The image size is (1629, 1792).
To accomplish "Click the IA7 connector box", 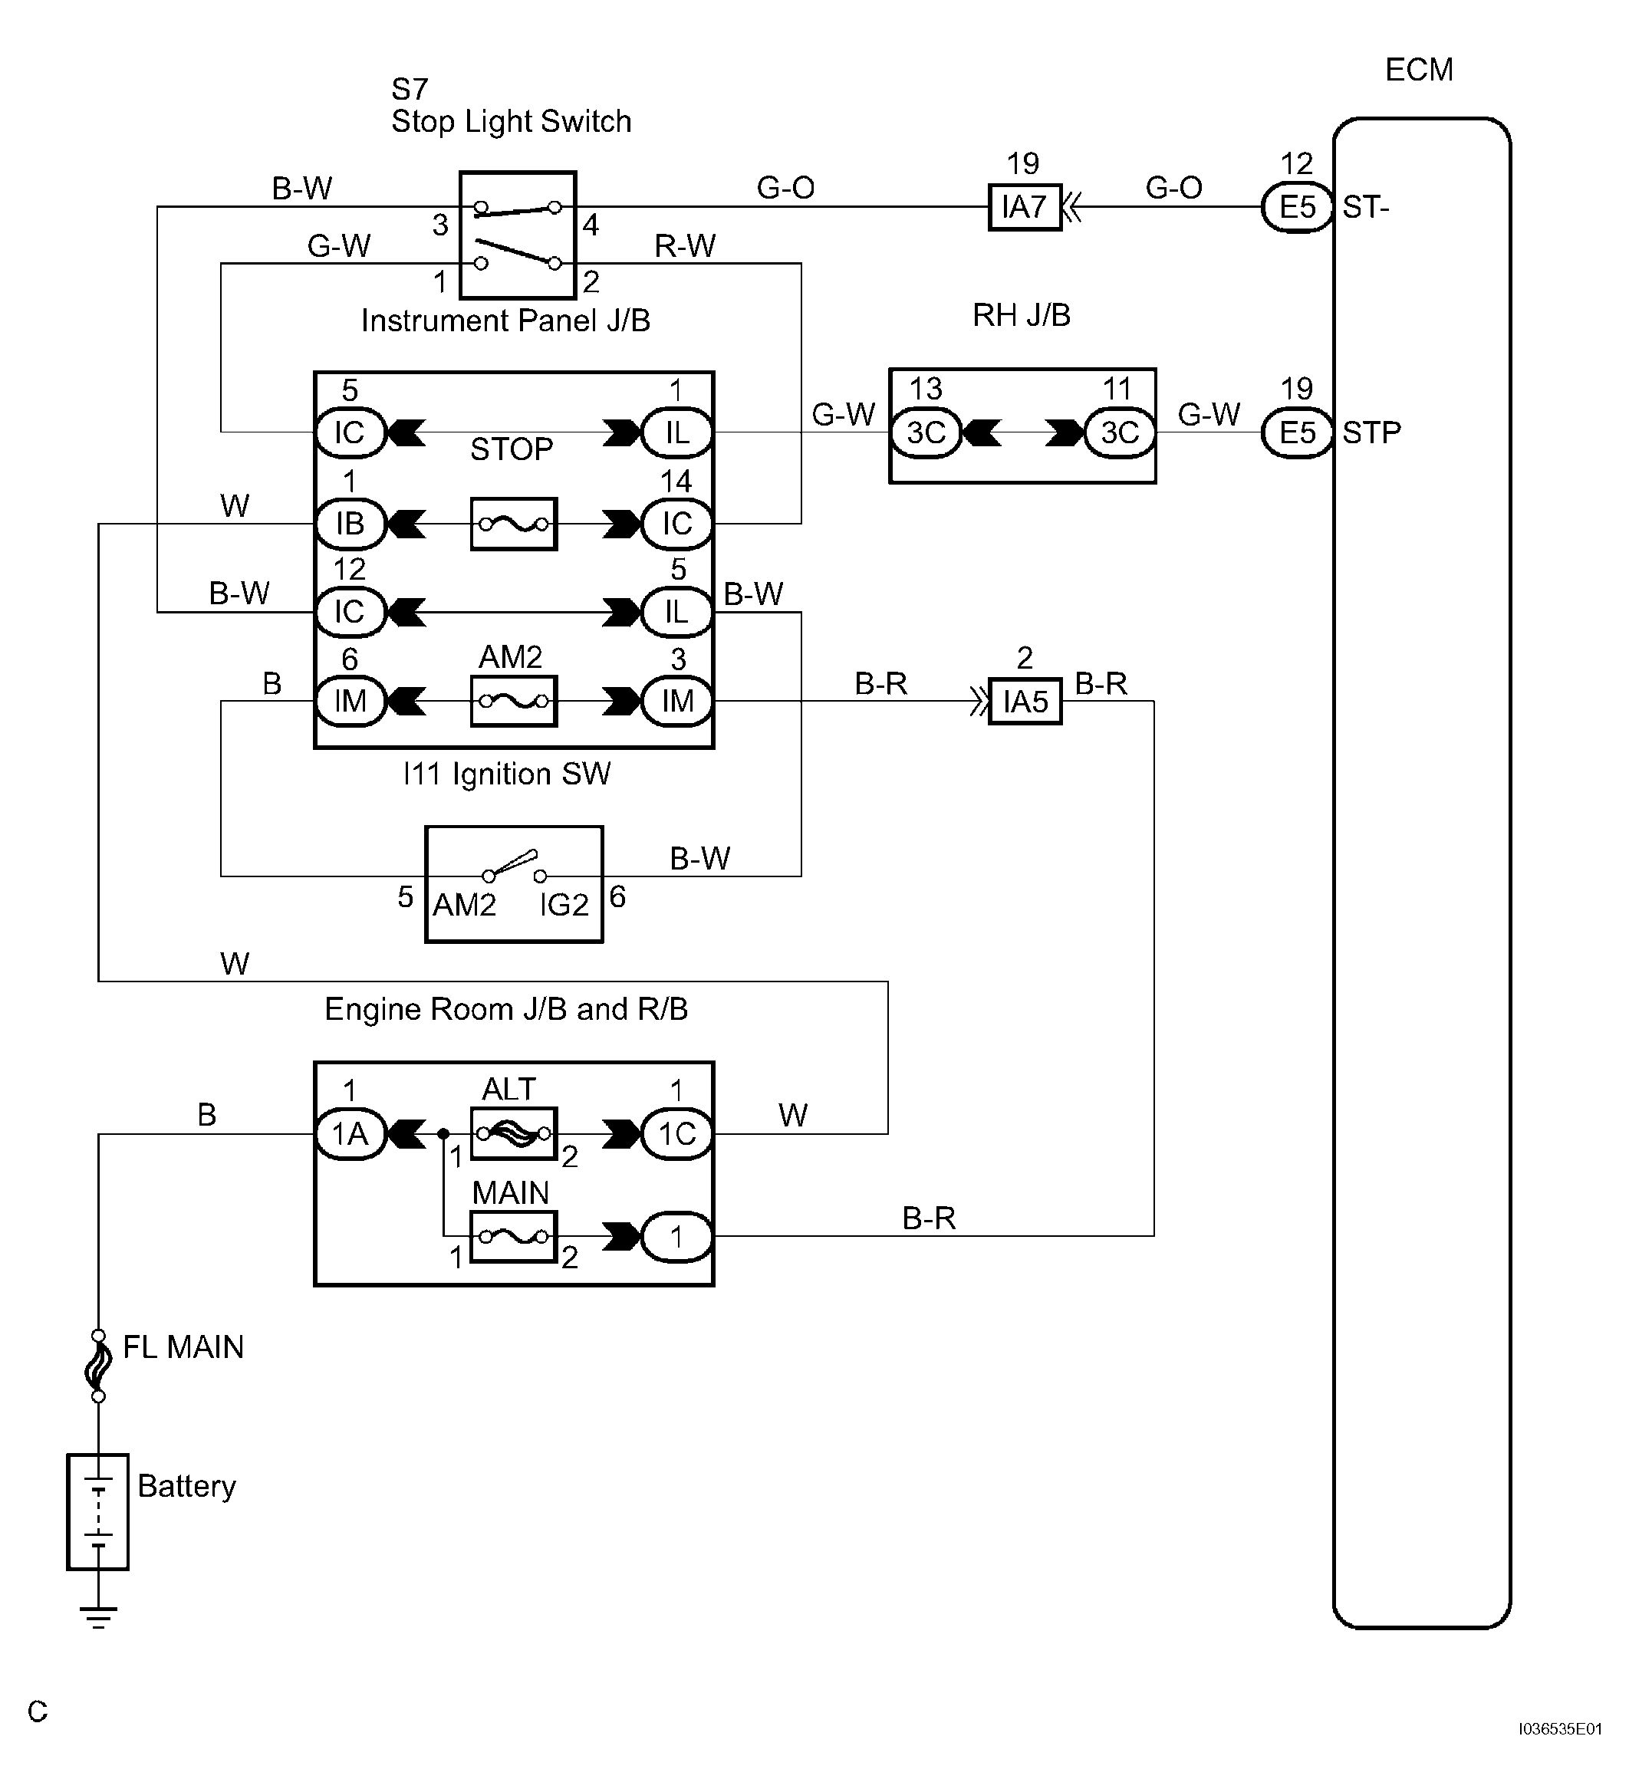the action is [x=1025, y=207].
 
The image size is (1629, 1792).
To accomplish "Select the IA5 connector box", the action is [x=1025, y=702].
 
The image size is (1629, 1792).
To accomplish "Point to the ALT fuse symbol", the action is [x=513, y=1133].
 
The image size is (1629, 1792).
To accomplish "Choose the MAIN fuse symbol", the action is [x=513, y=1236].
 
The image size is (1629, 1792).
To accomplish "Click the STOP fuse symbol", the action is [x=513, y=524].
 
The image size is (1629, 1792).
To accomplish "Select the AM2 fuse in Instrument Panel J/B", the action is [x=513, y=702].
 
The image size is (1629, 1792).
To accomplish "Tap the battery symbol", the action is [x=98, y=1512].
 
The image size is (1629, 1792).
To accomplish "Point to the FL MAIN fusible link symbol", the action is [x=98, y=1366].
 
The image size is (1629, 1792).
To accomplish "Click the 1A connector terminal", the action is [x=350, y=1134].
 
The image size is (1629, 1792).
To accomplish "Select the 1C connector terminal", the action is [x=676, y=1134].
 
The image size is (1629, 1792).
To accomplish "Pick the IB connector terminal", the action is [x=350, y=524].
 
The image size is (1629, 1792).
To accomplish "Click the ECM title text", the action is [x=1419, y=69].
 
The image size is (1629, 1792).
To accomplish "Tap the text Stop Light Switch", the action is [x=512, y=121].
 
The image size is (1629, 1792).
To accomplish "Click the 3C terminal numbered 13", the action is [x=926, y=433].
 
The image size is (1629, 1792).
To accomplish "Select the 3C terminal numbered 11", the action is [x=1120, y=433].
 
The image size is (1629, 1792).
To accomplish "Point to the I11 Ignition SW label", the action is [x=507, y=774].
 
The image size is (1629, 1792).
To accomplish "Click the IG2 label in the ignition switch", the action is [x=564, y=905].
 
